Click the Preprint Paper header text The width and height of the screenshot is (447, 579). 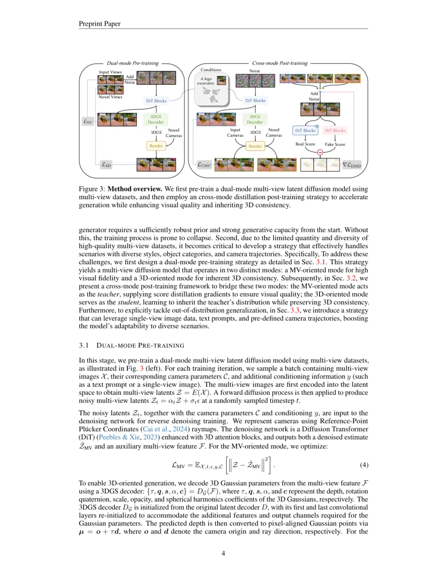tap(99, 24)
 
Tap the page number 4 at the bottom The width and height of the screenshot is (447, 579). tap(223, 553)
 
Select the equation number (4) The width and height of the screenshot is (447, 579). tap(364, 465)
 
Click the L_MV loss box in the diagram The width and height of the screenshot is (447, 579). tap(88, 121)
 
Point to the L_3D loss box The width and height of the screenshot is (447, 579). tap(106, 165)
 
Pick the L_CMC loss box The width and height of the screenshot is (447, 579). tap(204, 165)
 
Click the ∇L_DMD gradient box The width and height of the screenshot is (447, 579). tap(352, 165)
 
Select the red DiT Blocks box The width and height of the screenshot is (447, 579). tap(335, 130)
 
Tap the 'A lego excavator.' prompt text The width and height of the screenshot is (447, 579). tap(206, 81)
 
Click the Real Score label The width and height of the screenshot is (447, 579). tap(305, 144)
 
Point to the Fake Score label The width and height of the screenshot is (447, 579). tap(335, 145)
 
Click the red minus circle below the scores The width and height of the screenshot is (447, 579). tap(320, 152)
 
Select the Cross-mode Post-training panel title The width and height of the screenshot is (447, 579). tap(280, 63)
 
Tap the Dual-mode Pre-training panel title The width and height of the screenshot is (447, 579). tap(132, 63)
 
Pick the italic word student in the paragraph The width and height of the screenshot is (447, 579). tap(128, 302)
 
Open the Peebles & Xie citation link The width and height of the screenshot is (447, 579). tap(119, 437)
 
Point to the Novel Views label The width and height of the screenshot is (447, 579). tap(110, 97)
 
